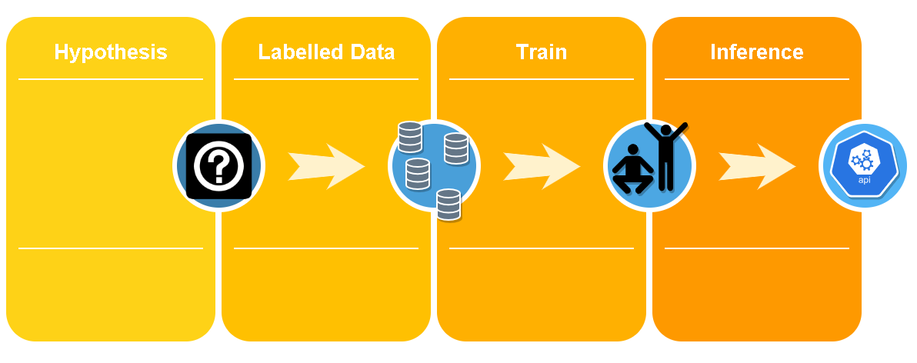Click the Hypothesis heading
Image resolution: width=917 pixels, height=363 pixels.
point(111,52)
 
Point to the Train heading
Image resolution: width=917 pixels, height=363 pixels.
point(542,52)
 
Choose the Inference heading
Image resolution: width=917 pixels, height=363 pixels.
point(757,52)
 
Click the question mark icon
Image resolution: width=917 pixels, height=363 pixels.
point(218,166)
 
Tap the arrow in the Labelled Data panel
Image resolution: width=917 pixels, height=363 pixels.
point(326,166)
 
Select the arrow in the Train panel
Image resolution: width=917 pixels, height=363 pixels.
point(542,166)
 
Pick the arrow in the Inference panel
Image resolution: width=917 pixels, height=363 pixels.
point(757,166)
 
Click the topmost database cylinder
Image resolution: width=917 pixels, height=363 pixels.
point(410,137)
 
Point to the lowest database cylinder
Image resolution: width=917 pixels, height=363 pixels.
point(448,204)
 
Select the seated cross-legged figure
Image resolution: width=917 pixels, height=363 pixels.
point(632,168)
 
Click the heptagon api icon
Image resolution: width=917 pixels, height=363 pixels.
point(865,166)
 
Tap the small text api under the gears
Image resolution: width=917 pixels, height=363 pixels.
point(865,180)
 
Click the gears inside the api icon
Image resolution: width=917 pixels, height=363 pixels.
point(863,160)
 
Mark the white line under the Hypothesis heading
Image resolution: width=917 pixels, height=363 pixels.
point(111,79)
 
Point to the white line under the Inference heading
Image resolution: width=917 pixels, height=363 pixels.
point(757,79)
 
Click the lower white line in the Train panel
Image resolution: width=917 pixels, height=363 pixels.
point(542,248)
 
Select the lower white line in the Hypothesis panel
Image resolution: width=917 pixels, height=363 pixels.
point(111,248)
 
